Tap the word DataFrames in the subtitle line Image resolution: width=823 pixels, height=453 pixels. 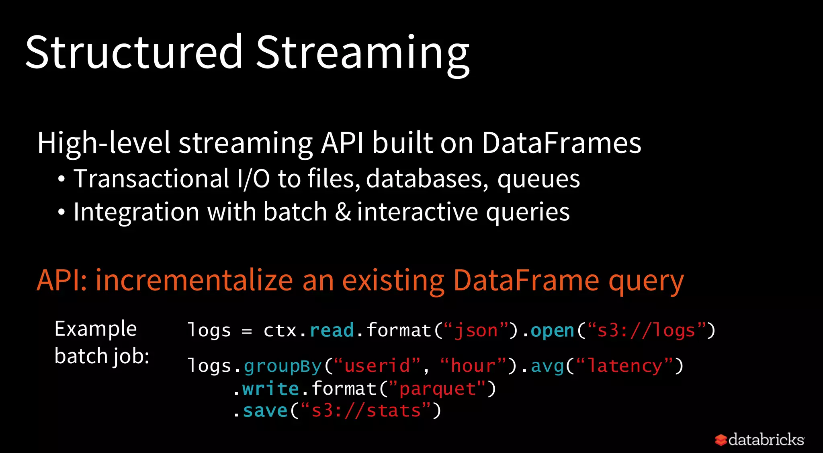(x=561, y=143)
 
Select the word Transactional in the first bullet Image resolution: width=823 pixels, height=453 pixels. (x=151, y=179)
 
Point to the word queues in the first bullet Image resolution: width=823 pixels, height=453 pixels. (x=538, y=179)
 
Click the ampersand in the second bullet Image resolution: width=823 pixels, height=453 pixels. (x=343, y=212)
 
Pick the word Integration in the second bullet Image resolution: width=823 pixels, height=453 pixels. (x=136, y=212)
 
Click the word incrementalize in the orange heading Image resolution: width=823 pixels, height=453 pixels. (x=194, y=280)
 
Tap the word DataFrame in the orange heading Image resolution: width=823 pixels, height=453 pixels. (x=526, y=280)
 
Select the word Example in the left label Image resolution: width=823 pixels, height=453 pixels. (x=96, y=329)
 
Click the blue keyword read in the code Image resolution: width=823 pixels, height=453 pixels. (x=332, y=331)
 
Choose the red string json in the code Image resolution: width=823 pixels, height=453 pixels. (x=476, y=331)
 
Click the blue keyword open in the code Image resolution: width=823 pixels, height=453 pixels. (x=552, y=331)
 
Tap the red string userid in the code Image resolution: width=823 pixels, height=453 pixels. (x=377, y=366)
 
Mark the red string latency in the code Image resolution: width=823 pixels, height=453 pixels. (x=624, y=366)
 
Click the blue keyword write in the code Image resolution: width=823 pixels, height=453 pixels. (x=270, y=389)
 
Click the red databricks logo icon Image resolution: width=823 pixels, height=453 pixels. (x=721, y=440)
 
